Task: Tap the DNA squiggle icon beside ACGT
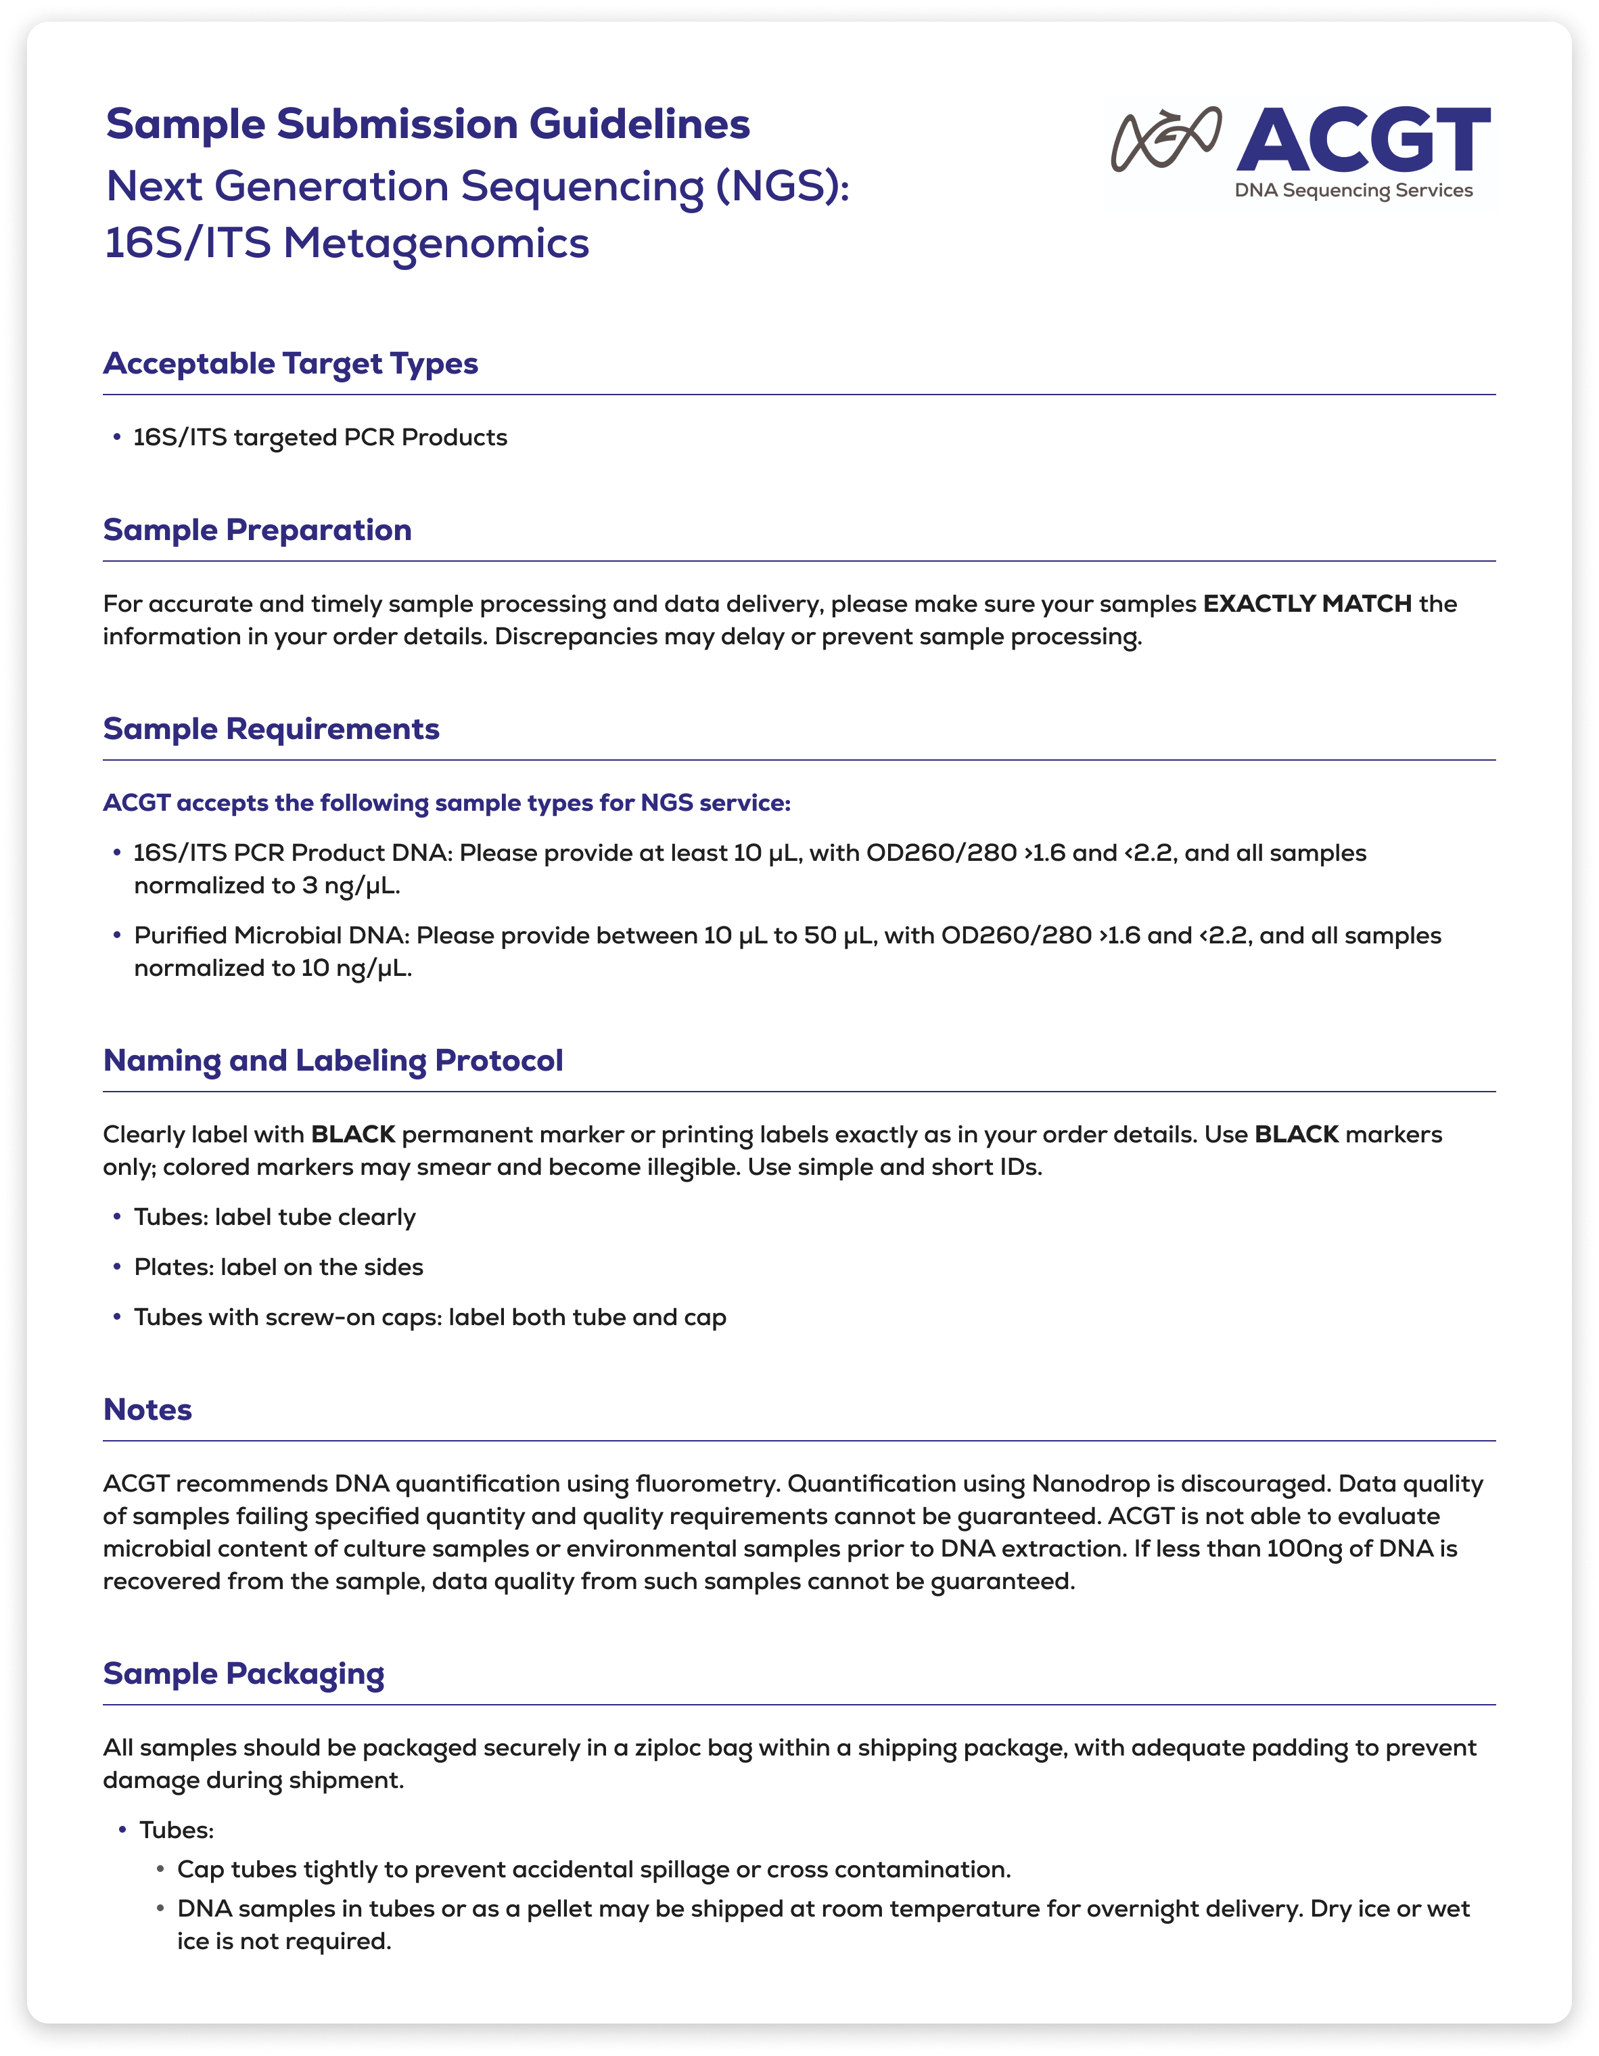click(1166, 139)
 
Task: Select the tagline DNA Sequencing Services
click(1353, 190)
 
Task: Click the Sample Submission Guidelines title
click(427, 125)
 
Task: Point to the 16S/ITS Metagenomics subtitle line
click(346, 243)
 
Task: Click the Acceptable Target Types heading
click(290, 363)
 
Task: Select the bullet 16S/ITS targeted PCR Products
click(320, 438)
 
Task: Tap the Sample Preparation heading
click(257, 530)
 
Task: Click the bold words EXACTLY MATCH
click(1307, 604)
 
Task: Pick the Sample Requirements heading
click(271, 729)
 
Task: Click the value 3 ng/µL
click(351, 886)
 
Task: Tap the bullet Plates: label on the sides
click(279, 1267)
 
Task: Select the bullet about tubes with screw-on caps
click(430, 1317)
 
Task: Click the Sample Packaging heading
click(244, 1674)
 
